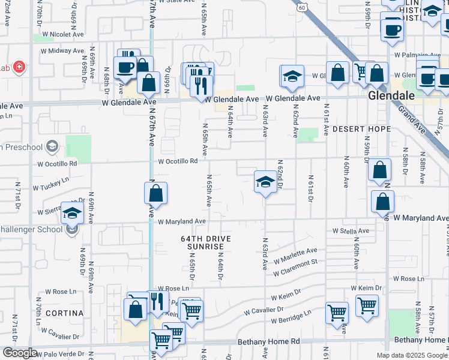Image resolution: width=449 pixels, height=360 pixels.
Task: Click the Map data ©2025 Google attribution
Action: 411,355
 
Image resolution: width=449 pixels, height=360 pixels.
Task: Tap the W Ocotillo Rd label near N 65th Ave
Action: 178,161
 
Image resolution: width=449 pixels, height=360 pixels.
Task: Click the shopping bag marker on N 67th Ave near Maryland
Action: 155,194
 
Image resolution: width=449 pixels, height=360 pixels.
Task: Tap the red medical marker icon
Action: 19,66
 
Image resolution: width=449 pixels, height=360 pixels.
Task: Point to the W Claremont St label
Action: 295,268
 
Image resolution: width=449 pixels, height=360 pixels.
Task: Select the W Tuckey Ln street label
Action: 51,183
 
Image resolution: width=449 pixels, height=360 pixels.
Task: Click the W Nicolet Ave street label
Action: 60,34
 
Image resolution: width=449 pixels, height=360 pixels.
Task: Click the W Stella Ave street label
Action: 351,230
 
